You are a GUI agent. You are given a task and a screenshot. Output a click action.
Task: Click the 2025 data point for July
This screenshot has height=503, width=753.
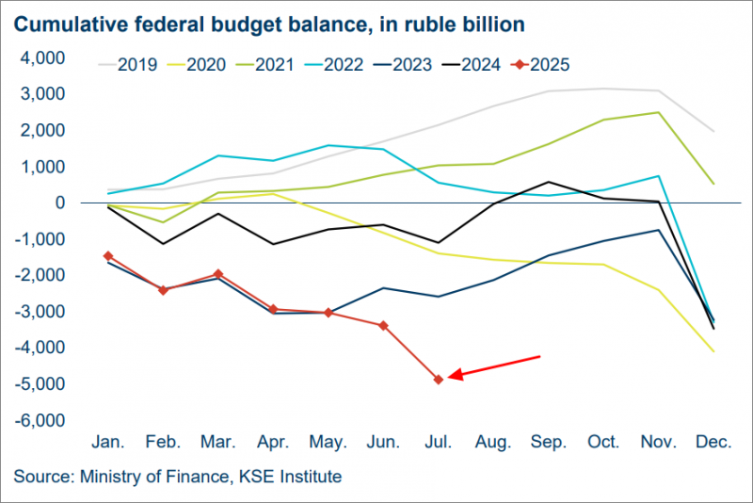(x=438, y=379)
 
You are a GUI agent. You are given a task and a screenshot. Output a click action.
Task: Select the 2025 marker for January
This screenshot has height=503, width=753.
(x=108, y=255)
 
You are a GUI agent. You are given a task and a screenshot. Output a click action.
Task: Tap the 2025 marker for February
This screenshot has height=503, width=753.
(x=163, y=290)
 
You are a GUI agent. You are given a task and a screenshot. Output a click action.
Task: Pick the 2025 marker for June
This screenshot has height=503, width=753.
(x=383, y=326)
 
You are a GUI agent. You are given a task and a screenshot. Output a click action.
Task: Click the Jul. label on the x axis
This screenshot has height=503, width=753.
(x=438, y=442)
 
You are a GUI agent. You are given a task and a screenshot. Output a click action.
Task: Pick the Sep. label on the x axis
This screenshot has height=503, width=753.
(x=549, y=442)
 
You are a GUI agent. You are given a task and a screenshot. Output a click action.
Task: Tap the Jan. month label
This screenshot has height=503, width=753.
(x=108, y=442)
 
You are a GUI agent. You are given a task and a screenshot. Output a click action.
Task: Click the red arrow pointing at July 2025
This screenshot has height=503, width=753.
(x=494, y=366)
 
